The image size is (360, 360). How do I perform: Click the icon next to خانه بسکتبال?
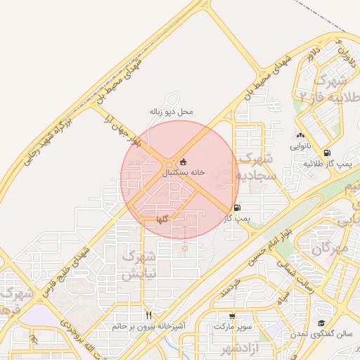(x=184, y=161)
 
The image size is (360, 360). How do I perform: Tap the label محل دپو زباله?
(x=171, y=112)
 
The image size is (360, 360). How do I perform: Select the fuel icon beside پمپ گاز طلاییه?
(x=327, y=153)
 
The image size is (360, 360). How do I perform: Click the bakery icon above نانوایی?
(x=300, y=136)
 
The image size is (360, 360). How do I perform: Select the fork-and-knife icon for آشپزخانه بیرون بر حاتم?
(x=148, y=315)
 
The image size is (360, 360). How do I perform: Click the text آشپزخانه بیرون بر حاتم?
(x=148, y=327)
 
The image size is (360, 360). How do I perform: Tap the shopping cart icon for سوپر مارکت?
(x=232, y=316)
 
